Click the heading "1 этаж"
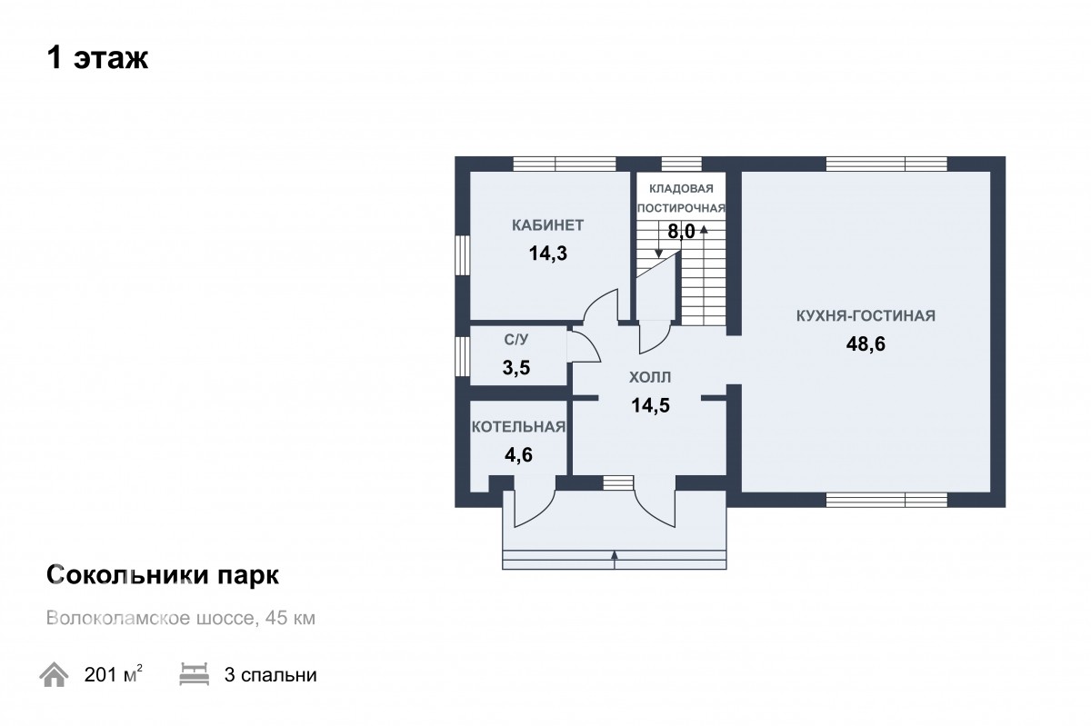point(97,58)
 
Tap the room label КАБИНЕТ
point(548,225)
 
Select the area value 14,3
point(548,254)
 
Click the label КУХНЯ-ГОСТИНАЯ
point(866,315)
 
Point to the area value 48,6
point(866,344)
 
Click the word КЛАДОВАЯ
point(681,188)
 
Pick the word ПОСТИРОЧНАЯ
point(681,208)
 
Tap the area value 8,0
point(681,232)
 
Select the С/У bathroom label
point(516,340)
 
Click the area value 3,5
point(516,368)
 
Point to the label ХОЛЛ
point(650,377)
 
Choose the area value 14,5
point(650,405)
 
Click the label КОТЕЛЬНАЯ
point(519,426)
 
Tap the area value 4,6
point(519,455)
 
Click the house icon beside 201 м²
point(54,674)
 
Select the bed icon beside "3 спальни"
point(195,674)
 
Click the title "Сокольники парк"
point(163,575)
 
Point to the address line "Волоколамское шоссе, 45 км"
point(181,618)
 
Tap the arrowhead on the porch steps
point(615,554)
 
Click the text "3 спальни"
point(270,675)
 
